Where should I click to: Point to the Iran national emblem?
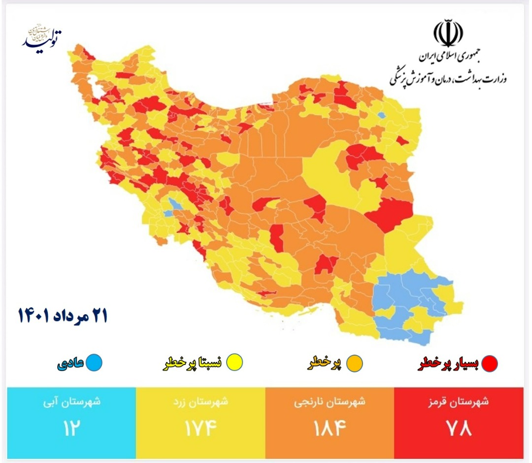pos(448,33)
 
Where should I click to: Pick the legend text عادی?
pos(70,364)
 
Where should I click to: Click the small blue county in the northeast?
pos(381,116)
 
